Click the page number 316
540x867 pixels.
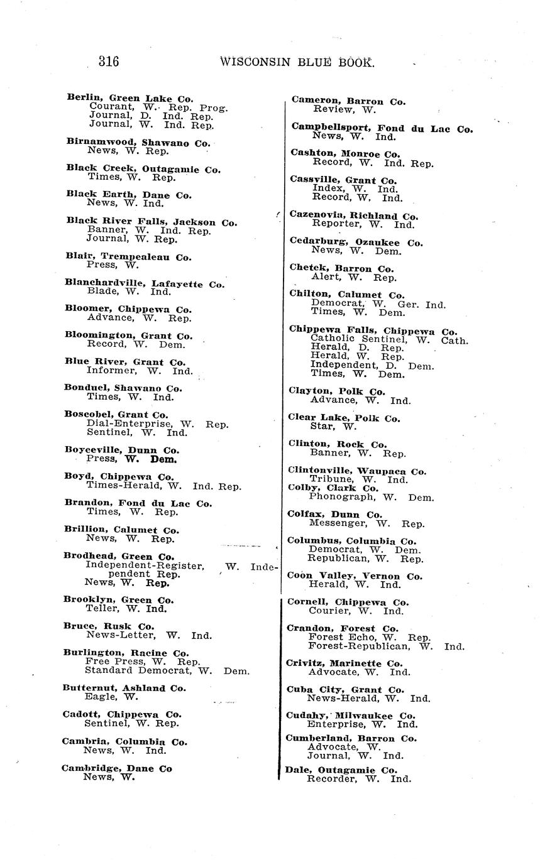coord(109,62)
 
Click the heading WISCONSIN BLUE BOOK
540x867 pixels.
coord(297,62)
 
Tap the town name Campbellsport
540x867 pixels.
coord(331,128)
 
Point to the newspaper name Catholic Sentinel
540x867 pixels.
coord(360,339)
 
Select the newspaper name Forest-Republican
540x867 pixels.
coord(358,645)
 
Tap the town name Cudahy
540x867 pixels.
coord(306,716)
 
